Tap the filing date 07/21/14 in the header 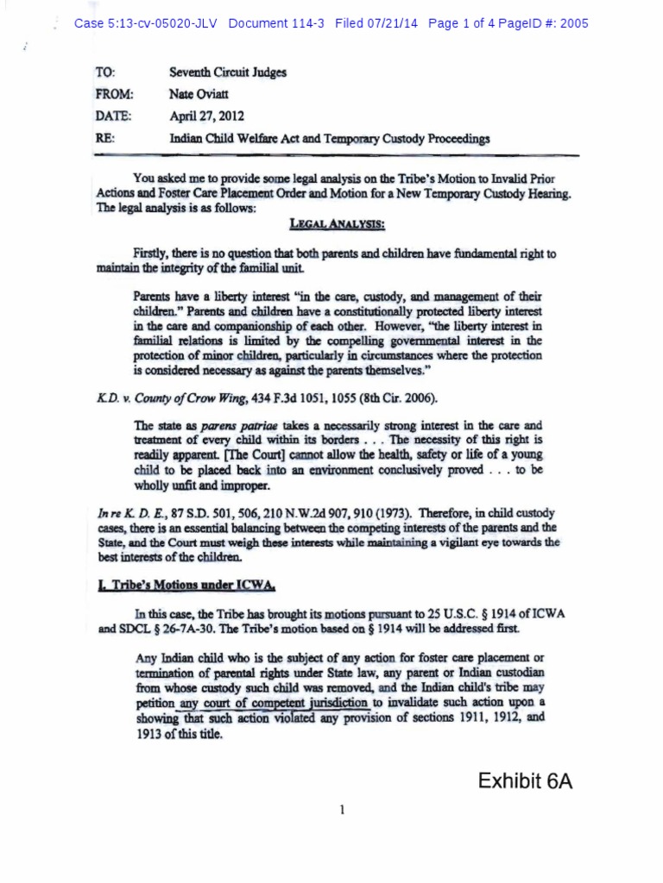pyautogui.click(x=390, y=23)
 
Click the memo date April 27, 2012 pyautogui.click(x=205, y=116)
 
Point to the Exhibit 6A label pyautogui.click(x=524, y=782)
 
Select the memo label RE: pyautogui.click(x=107, y=137)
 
